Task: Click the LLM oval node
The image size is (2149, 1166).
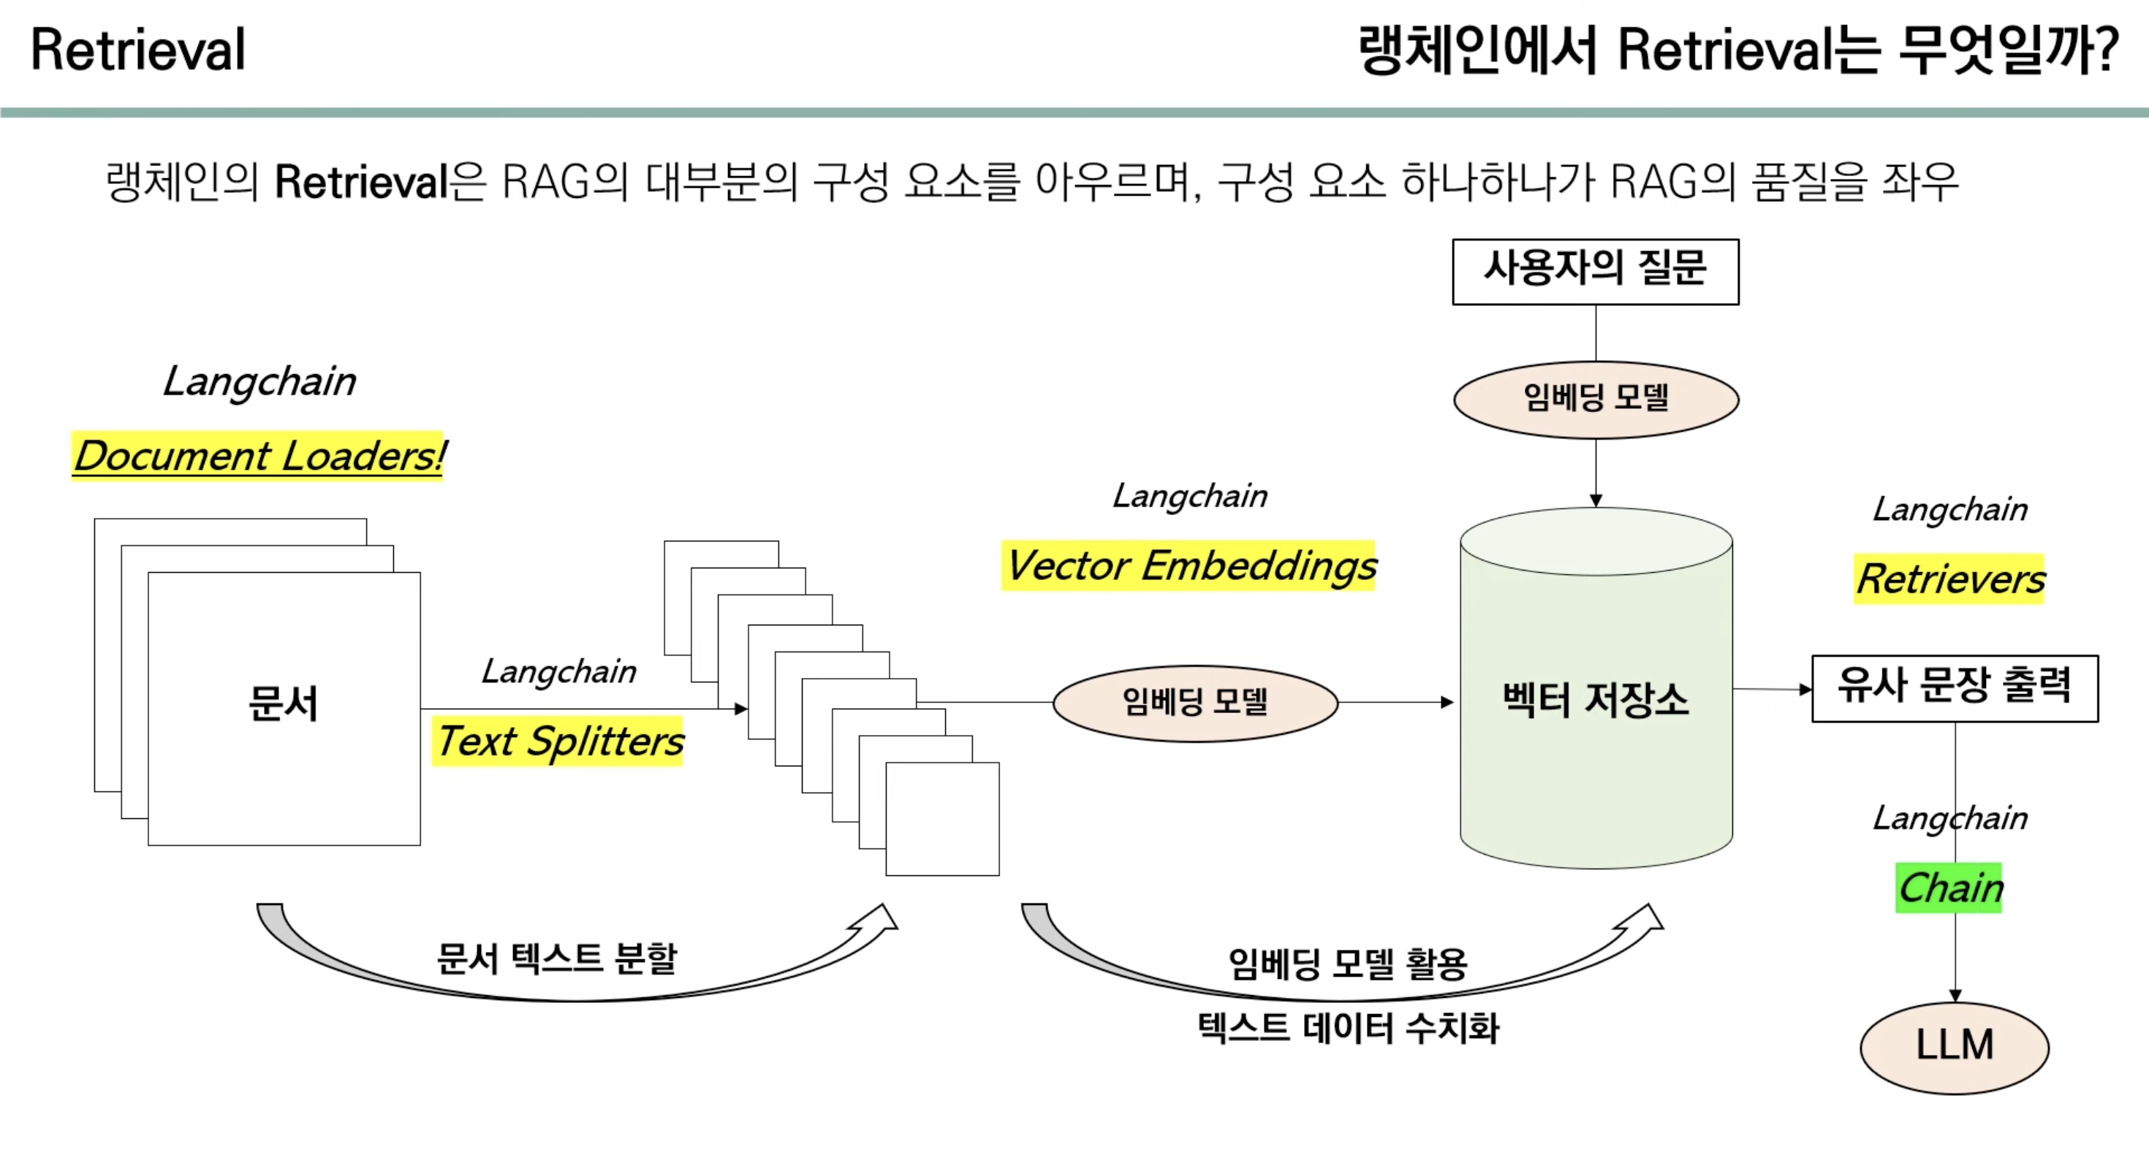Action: coord(1954,1047)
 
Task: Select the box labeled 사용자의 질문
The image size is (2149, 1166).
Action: coord(1595,271)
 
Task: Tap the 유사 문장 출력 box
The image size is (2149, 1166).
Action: coord(1954,687)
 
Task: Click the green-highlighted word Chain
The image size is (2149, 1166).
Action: coord(1949,888)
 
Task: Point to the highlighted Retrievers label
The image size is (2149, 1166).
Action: coord(1949,579)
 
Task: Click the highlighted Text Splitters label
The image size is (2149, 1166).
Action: coord(558,741)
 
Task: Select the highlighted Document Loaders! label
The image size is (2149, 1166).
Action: coord(259,455)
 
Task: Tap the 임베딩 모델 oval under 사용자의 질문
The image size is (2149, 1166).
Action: coord(1595,399)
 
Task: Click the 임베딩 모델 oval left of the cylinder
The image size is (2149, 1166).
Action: coord(1194,702)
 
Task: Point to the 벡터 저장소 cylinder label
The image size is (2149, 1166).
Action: coord(1595,699)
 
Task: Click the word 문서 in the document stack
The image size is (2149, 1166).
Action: coord(283,703)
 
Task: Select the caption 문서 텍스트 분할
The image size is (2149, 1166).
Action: coord(556,959)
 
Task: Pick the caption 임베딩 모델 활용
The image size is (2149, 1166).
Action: coord(1347,964)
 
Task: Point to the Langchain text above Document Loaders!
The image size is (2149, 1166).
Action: coord(259,381)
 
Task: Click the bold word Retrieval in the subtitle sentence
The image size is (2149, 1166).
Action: coord(361,182)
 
